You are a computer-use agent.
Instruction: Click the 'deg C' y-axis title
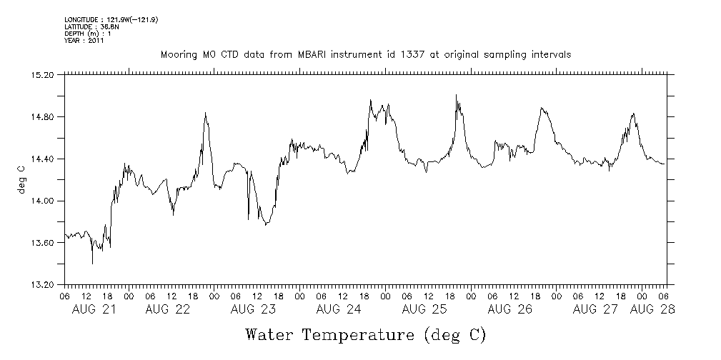click(x=21, y=179)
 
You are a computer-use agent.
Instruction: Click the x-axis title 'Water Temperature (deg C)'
click(x=366, y=334)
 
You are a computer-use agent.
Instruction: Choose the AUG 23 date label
click(x=253, y=309)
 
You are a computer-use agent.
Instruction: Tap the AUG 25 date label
click(x=424, y=309)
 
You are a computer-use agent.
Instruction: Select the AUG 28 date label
click(x=652, y=309)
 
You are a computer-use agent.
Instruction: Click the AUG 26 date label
click(x=509, y=309)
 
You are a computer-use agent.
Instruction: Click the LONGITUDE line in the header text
click(x=111, y=19)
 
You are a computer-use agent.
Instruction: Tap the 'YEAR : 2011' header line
click(x=84, y=41)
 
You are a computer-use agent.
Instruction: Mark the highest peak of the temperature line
click(x=456, y=95)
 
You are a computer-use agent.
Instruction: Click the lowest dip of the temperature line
click(x=92, y=264)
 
